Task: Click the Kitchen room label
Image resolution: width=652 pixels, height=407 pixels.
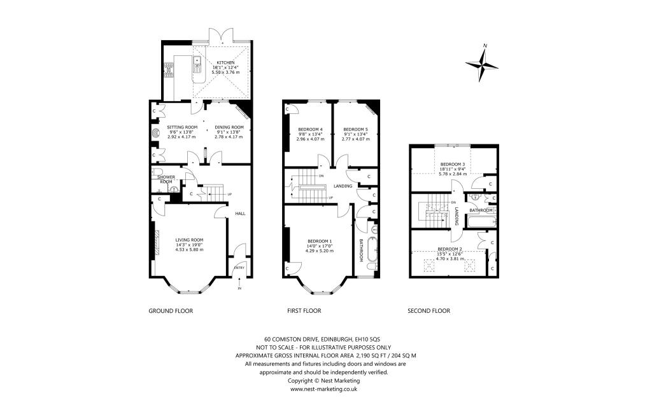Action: [x=225, y=63]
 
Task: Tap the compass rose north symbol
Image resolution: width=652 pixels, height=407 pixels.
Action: [x=482, y=63]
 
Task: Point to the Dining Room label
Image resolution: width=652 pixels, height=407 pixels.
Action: [x=229, y=127]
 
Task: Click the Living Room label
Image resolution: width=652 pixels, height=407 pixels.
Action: [x=189, y=240]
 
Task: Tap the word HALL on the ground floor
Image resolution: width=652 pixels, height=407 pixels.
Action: [x=240, y=214]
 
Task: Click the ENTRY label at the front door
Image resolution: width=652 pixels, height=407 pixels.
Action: [x=239, y=268]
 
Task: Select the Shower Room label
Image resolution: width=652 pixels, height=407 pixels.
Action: [x=166, y=179]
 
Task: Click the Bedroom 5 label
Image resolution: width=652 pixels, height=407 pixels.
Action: [x=355, y=129]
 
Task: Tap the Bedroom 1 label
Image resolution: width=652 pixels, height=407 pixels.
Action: [x=320, y=241]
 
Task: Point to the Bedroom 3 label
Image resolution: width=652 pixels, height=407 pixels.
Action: [x=453, y=165]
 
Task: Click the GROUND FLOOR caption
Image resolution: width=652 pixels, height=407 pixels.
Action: [x=171, y=310]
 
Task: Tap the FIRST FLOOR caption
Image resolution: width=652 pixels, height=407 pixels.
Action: [x=304, y=310]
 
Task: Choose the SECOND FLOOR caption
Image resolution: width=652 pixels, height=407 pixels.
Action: [x=429, y=310]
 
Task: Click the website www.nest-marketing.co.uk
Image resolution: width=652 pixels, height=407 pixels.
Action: [x=323, y=389]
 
